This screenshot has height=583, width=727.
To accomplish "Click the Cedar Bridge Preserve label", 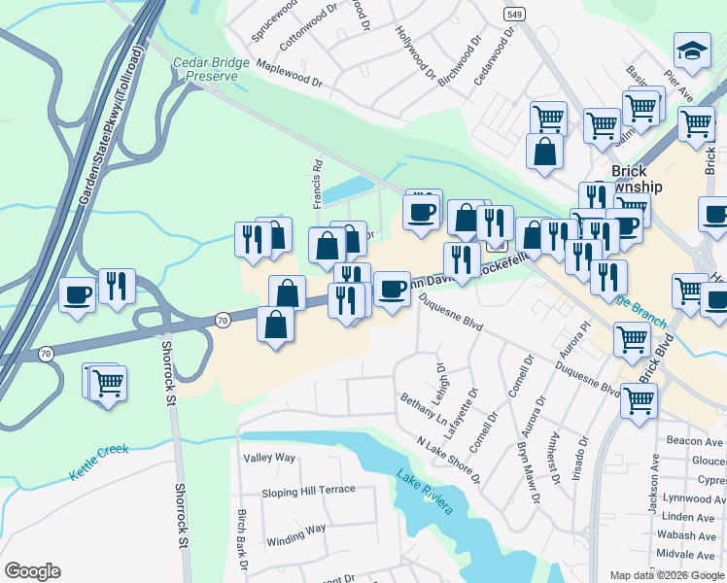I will [x=205, y=69].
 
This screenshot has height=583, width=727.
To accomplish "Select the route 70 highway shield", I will [x=223, y=319].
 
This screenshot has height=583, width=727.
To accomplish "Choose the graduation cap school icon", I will [x=691, y=54].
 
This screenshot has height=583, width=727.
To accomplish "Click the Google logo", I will [x=32, y=571].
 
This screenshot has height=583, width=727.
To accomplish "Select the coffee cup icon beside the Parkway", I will [x=77, y=293].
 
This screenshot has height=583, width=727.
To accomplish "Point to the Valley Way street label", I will [x=269, y=458].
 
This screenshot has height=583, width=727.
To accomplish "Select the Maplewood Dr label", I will [x=289, y=73].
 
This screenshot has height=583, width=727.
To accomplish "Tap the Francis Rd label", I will [x=317, y=185].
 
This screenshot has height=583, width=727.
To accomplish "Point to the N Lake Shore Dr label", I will [x=448, y=461].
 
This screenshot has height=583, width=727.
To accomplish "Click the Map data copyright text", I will [x=666, y=575].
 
